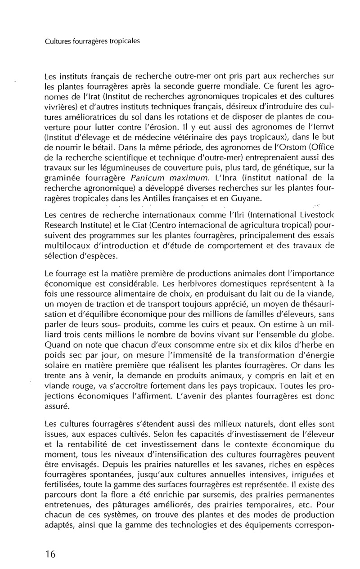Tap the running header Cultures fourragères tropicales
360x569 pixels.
coord(93,41)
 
